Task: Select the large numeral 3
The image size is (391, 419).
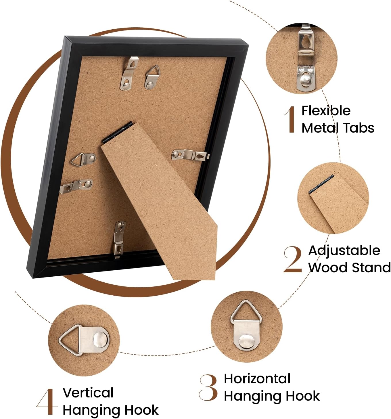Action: tap(208, 388)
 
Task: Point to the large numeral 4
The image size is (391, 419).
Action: tap(46, 401)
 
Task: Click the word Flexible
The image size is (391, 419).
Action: tap(326, 111)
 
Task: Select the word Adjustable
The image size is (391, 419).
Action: tap(344, 250)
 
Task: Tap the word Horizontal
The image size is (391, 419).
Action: tap(257, 379)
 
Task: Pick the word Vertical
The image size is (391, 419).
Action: tap(88, 393)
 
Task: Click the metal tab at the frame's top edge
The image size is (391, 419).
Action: tap(128, 74)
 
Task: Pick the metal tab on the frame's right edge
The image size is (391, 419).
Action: tap(190, 155)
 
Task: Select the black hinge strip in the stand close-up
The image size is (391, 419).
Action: tap(322, 184)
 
